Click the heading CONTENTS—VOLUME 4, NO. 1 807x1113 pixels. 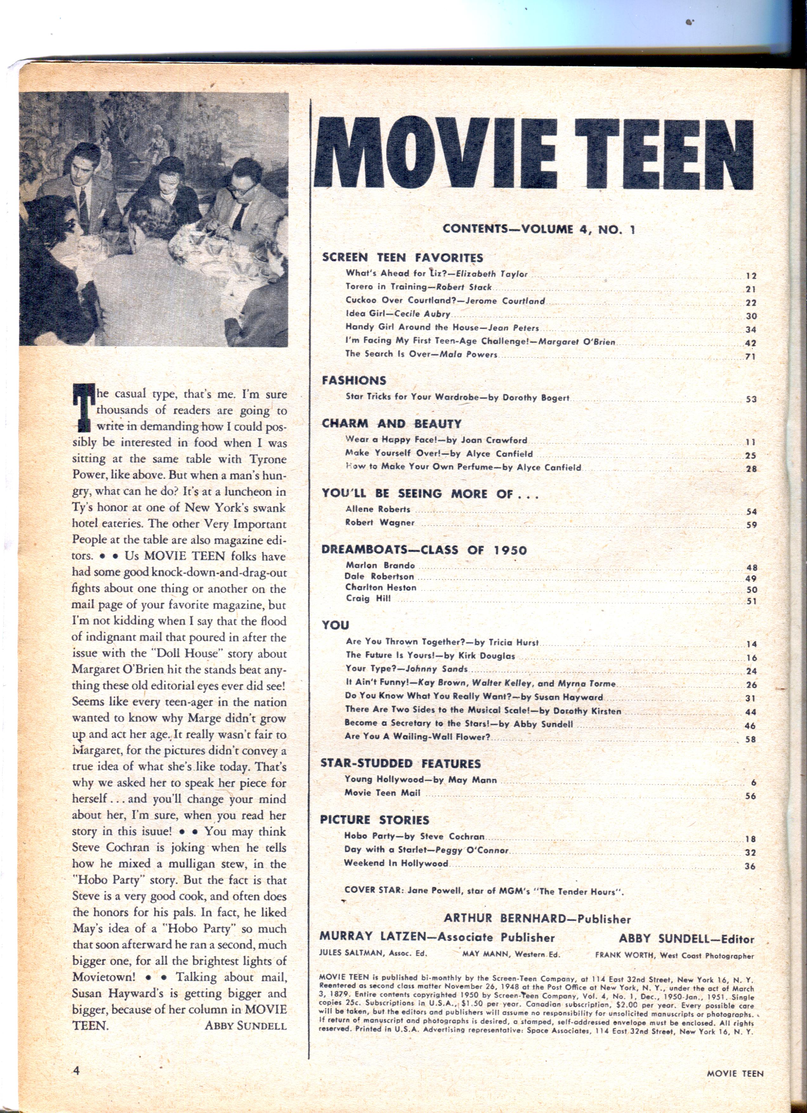[539, 229]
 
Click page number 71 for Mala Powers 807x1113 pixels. [750, 356]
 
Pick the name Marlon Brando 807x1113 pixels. [380, 565]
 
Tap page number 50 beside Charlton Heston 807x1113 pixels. [751, 589]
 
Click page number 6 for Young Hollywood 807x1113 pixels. [753, 783]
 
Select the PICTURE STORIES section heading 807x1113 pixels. [375, 820]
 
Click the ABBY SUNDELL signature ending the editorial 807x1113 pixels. [246, 1026]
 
